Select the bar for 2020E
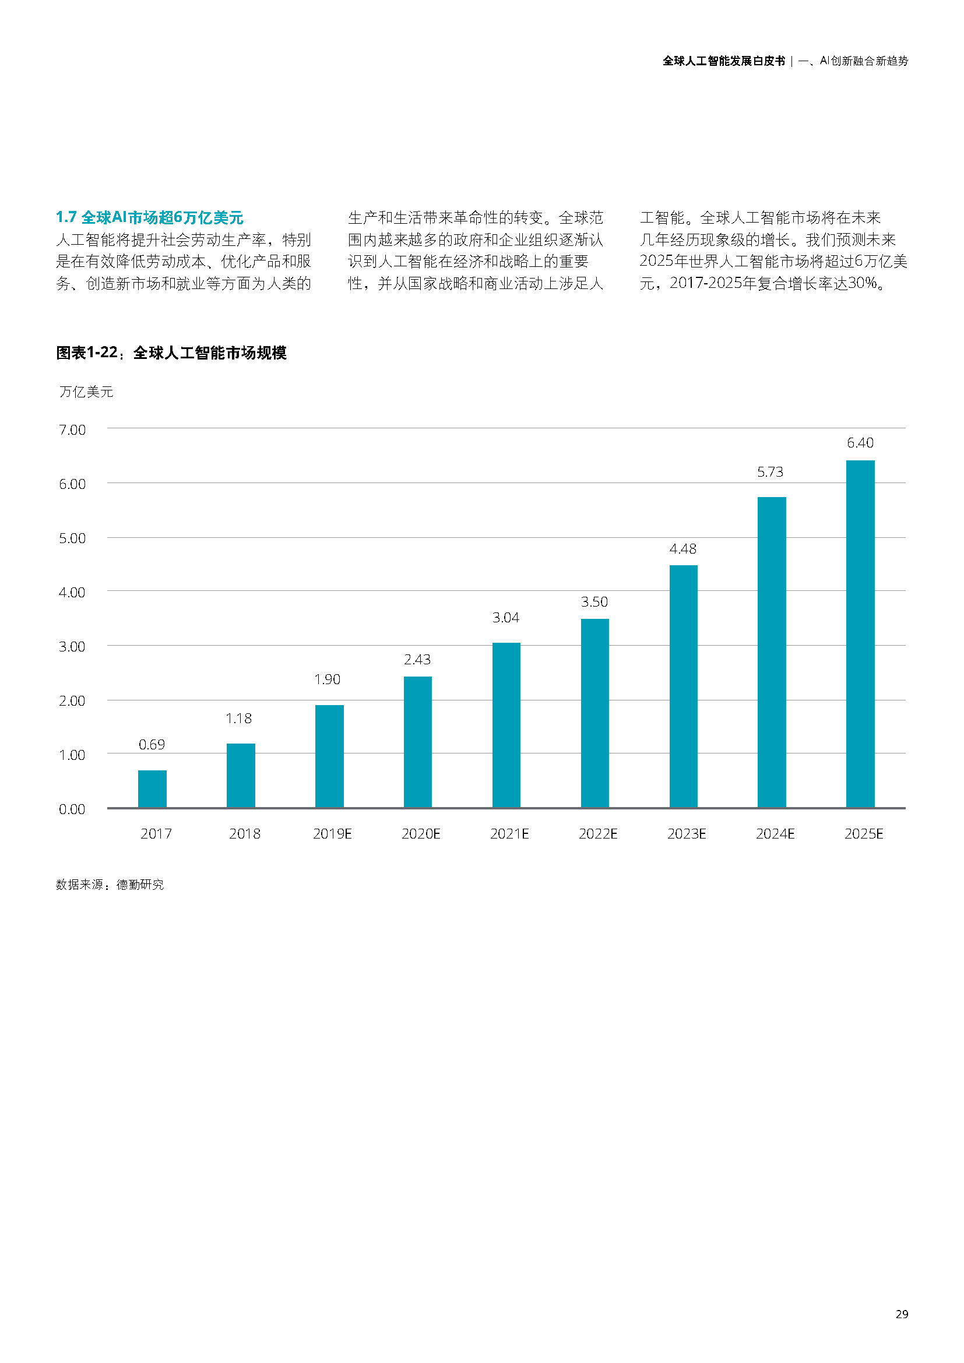[x=417, y=742]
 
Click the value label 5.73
[x=770, y=472]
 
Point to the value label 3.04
[x=506, y=618]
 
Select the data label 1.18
[x=238, y=719]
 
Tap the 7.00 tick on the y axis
[x=72, y=430]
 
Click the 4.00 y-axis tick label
[x=72, y=593]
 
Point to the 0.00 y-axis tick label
[x=72, y=809]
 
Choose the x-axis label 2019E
[x=332, y=834]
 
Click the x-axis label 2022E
[x=598, y=834]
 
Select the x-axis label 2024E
[x=775, y=834]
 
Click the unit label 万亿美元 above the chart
[x=86, y=392]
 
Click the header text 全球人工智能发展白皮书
[x=724, y=61]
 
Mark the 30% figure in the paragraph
[x=863, y=284]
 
